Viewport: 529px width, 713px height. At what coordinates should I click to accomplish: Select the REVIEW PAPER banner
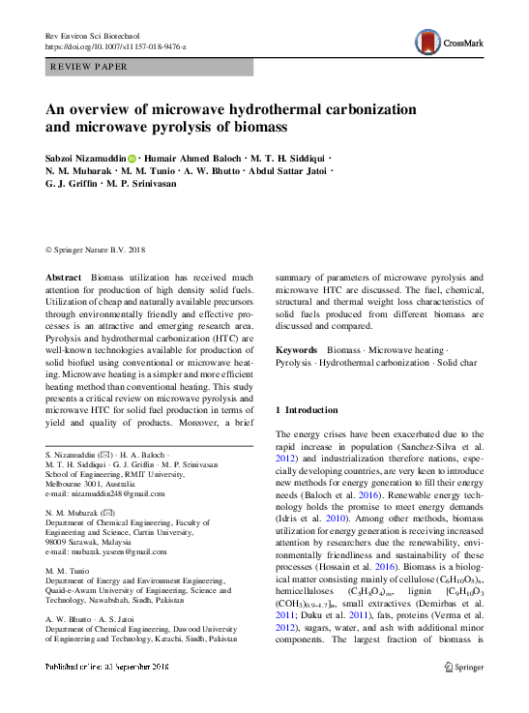click(149, 67)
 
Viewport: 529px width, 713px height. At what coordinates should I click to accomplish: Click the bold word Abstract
click(64, 278)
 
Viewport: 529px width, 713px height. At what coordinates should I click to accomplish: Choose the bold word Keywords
click(297, 349)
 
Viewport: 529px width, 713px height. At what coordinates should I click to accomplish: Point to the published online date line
click(114, 695)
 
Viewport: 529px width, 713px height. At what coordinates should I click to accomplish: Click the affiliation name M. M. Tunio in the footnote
click(68, 571)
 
